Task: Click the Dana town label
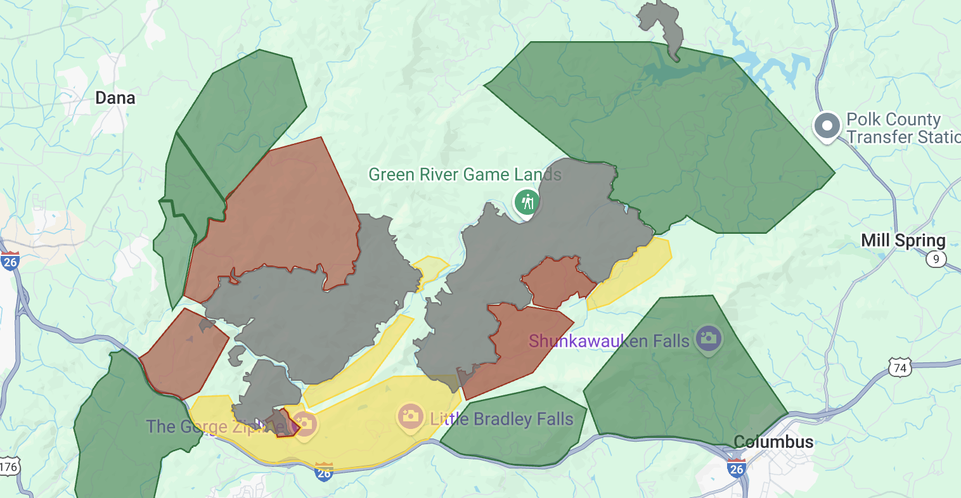tap(115, 98)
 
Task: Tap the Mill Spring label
tap(903, 241)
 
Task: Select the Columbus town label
tap(773, 442)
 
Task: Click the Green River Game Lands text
tap(465, 174)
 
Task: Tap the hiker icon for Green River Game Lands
tap(527, 203)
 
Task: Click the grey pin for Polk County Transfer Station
tap(827, 126)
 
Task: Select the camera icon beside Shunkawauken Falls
tap(708, 338)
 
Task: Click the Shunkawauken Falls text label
tap(609, 341)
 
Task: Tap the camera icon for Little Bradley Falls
tap(410, 416)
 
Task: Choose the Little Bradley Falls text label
tap(501, 419)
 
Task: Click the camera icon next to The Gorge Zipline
tap(304, 424)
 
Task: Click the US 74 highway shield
tap(900, 368)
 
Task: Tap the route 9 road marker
tap(936, 259)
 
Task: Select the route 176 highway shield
tap(9, 468)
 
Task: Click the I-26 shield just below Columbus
tap(736, 468)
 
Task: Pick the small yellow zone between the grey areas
tap(430, 269)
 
